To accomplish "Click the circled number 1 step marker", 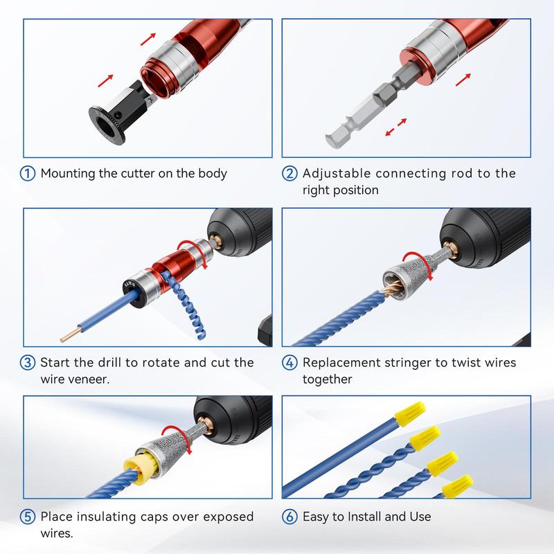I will (29, 173).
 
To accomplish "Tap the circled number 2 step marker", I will (291, 173).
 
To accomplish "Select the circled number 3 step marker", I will (29, 363).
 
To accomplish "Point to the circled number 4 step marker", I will (291, 363).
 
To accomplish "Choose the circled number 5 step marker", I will (29, 517).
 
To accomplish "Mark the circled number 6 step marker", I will (291, 517).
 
